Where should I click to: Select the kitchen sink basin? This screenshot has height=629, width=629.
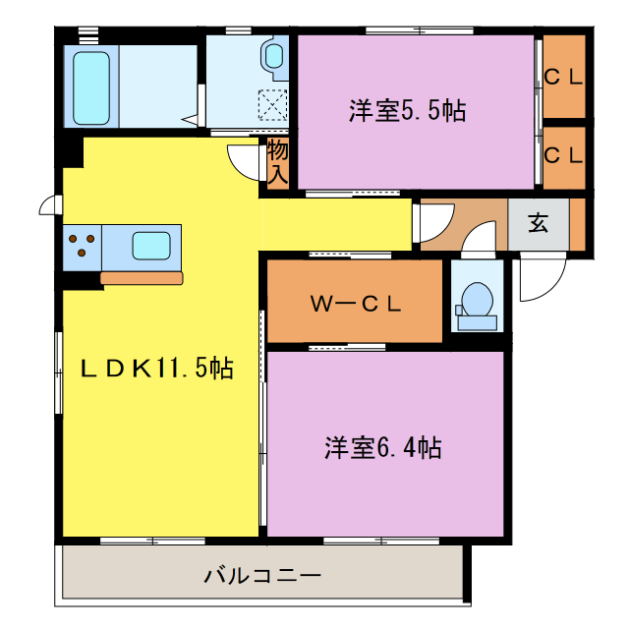(x=151, y=245)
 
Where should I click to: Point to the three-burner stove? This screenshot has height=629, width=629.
(x=81, y=246)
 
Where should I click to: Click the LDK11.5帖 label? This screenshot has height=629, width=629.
(x=156, y=369)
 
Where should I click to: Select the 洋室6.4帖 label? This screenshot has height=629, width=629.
(x=383, y=449)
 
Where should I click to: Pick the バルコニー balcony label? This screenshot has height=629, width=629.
(x=262, y=575)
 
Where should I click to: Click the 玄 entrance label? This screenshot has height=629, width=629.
(x=538, y=223)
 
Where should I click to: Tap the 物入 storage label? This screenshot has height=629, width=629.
(x=277, y=163)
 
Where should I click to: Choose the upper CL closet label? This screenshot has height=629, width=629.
(x=563, y=77)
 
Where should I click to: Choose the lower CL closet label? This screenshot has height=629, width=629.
(x=563, y=155)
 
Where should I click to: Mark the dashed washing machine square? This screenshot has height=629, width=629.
(x=271, y=103)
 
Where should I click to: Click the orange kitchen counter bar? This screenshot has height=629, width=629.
(x=142, y=278)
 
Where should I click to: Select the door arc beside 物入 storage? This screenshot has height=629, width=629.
(x=243, y=158)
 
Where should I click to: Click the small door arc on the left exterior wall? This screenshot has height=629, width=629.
(x=48, y=204)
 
